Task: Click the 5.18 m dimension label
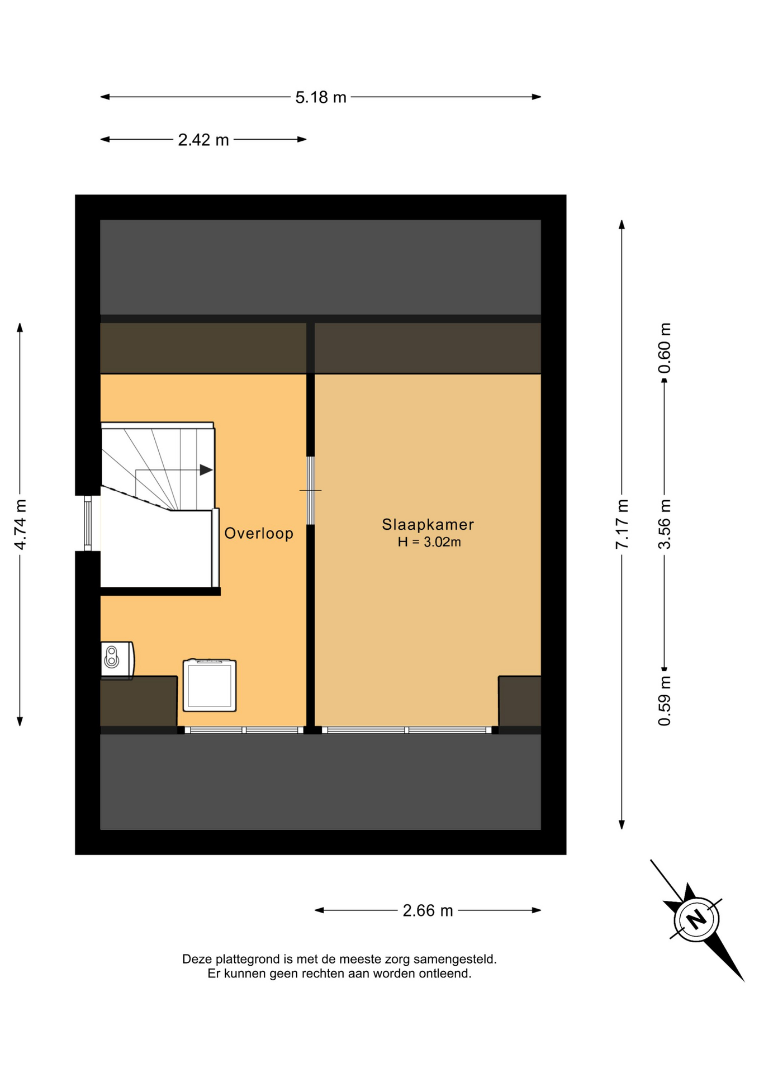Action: (x=321, y=98)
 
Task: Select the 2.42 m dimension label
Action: (x=203, y=140)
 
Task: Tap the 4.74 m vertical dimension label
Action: (x=20, y=524)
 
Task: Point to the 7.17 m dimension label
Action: (x=622, y=524)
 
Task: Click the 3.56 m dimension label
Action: (x=664, y=524)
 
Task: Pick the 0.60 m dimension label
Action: (x=664, y=348)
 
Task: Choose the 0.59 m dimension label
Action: (x=664, y=701)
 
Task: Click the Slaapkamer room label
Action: (x=428, y=524)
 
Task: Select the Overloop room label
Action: (x=259, y=533)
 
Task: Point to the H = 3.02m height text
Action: (x=429, y=542)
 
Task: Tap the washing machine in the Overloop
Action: (x=210, y=685)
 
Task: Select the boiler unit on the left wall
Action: (x=117, y=660)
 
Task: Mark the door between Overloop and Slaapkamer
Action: (x=311, y=491)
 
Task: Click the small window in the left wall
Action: (x=88, y=523)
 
